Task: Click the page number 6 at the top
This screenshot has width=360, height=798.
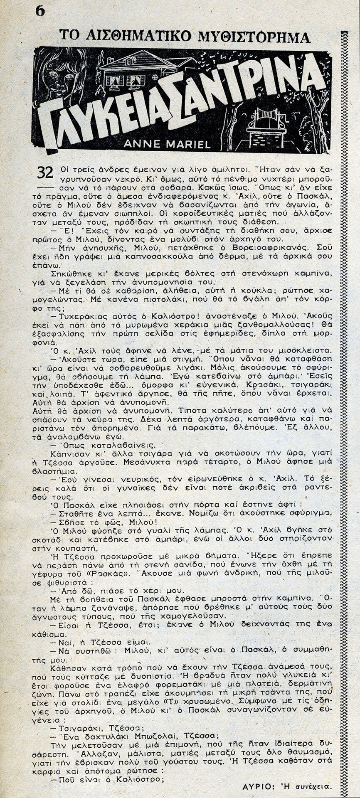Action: point(40,11)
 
